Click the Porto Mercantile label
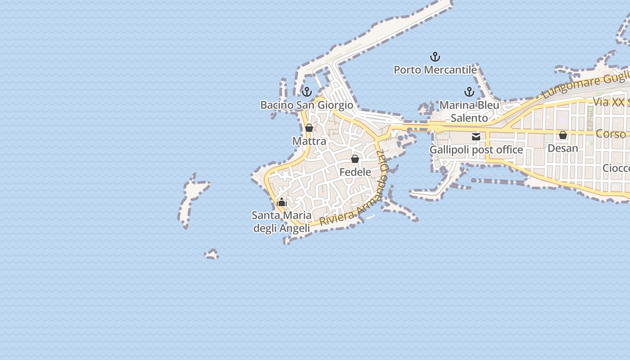(x=435, y=70)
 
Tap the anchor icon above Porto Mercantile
(x=435, y=57)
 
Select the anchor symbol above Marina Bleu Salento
(x=469, y=92)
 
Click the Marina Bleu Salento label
(x=469, y=112)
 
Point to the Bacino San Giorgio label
(x=307, y=105)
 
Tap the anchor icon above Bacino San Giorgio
(x=307, y=92)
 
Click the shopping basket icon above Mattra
(x=309, y=128)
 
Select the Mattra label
(x=309, y=141)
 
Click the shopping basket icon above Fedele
(x=355, y=159)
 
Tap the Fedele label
(x=355, y=172)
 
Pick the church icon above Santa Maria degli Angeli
(x=282, y=202)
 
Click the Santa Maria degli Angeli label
(x=282, y=222)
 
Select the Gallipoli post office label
(x=476, y=149)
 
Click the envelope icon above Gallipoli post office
(x=476, y=137)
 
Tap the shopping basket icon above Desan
(x=563, y=135)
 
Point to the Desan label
(x=563, y=148)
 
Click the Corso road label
(x=611, y=134)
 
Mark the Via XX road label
(x=610, y=102)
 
